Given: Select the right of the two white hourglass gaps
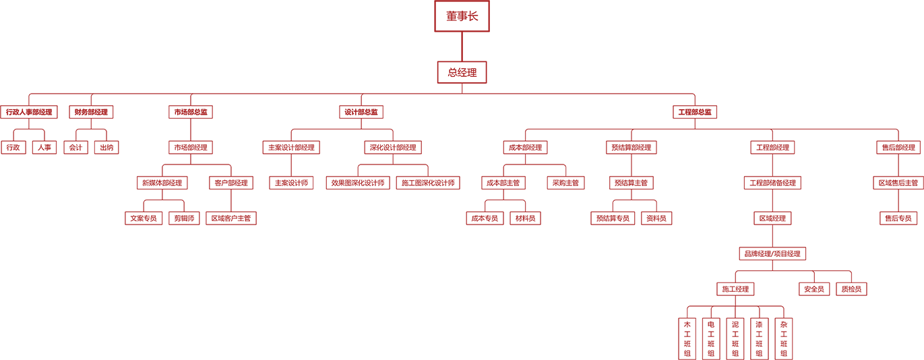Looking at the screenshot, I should click(x=859, y=182).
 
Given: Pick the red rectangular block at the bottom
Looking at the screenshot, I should click(x=735, y=337).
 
